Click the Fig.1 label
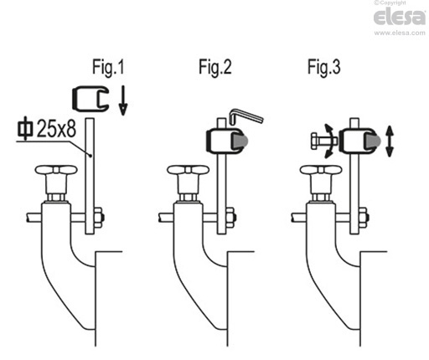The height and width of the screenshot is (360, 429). pyautogui.click(x=108, y=67)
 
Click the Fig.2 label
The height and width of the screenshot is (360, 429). pyautogui.click(x=215, y=67)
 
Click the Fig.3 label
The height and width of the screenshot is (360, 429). pyautogui.click(x=324, y=67)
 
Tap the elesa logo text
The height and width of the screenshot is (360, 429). pyautogui.click(x=400, y=17)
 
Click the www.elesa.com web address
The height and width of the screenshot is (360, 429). pyautogui.click(x=400, y=33)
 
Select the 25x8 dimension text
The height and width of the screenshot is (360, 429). pyautogui.click(x=56, y=129)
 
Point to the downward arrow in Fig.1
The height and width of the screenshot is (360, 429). pyautogui.click(x=123, y=100)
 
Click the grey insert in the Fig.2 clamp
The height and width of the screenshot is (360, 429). pyautogui.click(x=240, y=141)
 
